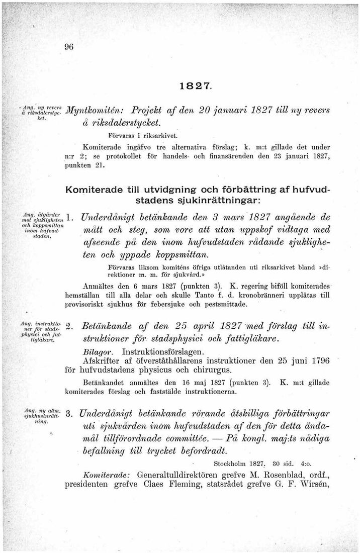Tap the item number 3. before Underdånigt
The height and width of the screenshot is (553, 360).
(x=71, y=415)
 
